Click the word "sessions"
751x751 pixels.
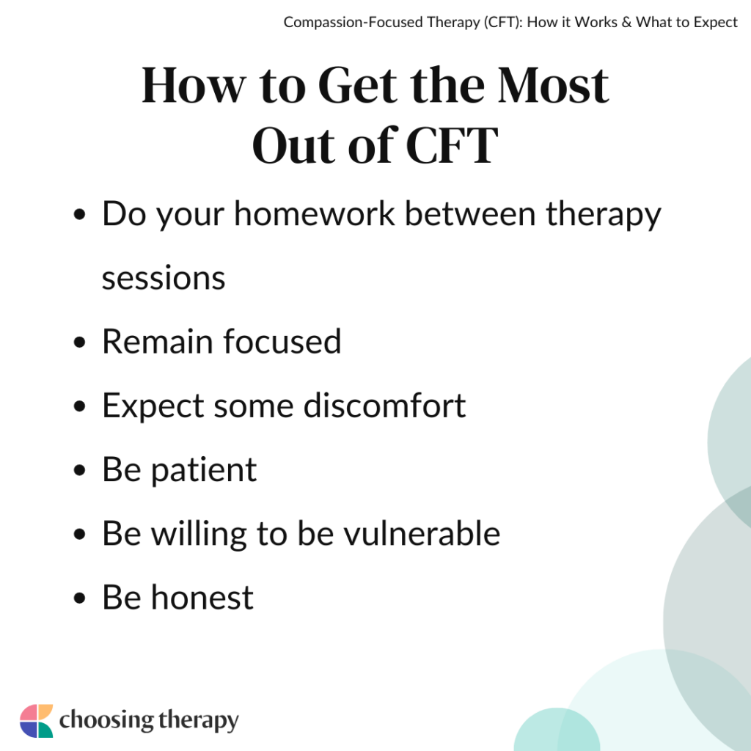[x=164, y=278]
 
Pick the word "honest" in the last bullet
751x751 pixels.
[x=202, y=597]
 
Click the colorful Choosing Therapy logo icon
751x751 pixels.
[x=36, y=720]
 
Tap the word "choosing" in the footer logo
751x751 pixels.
[x=105, y=720]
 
